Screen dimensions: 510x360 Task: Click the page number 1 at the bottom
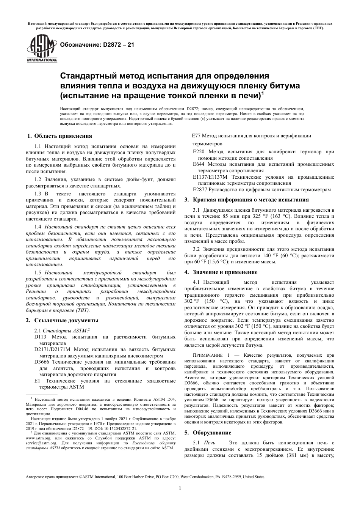click(x=180, y=488)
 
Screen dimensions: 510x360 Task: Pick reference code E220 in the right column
click(x=199, y=152)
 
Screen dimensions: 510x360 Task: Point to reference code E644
click(x=199, y=164)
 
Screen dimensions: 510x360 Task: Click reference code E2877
click(x=200, y=189)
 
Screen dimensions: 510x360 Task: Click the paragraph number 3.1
click(x=196, y=209)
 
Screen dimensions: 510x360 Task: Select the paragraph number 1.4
click(x=38, y=227)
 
